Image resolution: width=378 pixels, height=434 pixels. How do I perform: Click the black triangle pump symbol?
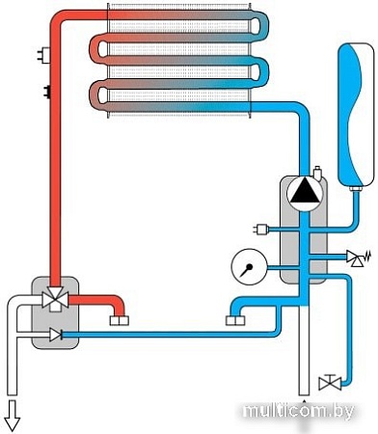pyautogui.click(x=304, y=192)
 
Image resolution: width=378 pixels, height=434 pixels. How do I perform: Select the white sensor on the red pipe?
pyautogui.click(x=42, y=52)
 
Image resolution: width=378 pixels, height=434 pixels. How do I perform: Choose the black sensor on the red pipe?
pyautogui.click(x=43, y=93)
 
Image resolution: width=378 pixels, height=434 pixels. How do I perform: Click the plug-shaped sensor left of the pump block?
pyautogui.click(x=260, y=229)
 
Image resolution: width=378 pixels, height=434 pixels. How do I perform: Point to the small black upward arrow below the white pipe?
pyautogui.click(x=305, y=402)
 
